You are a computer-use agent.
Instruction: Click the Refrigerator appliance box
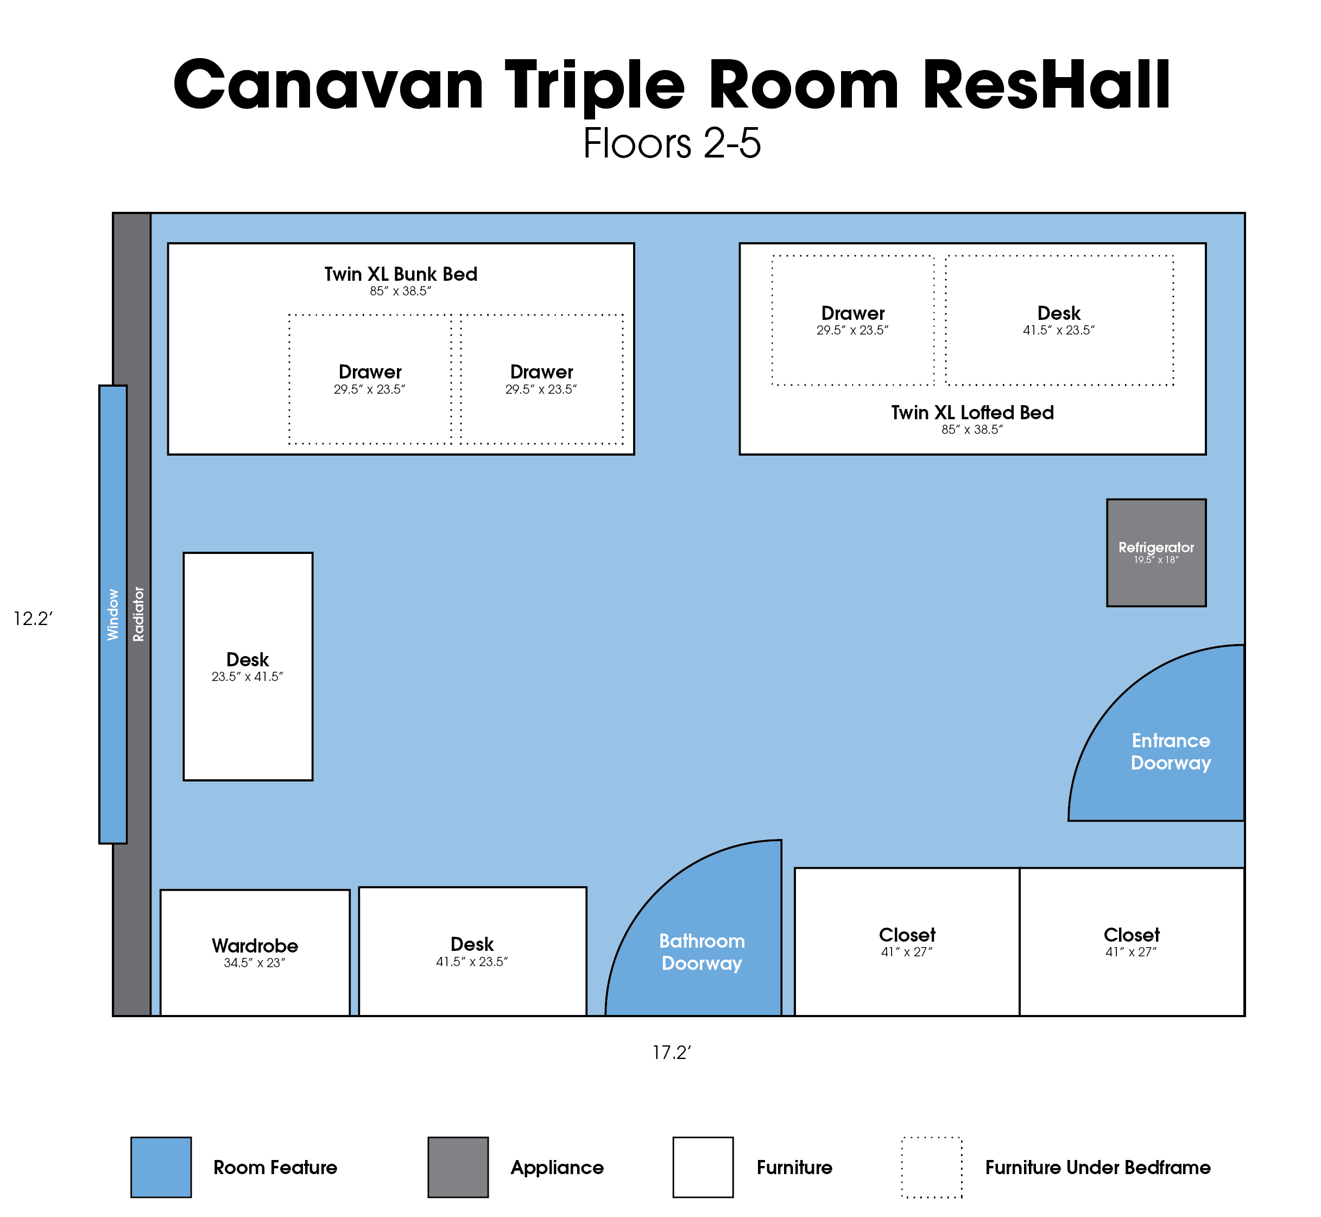coord(1156,552)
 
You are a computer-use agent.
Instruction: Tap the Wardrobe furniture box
coord(255,953)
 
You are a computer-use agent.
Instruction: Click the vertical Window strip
coord(112,614)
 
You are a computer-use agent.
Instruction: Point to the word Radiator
coord(138,614)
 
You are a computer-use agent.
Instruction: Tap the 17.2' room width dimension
coord(672,1052)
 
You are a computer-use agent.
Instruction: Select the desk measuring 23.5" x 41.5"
coord(248,666)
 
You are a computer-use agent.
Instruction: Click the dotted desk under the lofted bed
coord(1059,320)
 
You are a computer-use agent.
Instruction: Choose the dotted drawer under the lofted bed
coord(853,320)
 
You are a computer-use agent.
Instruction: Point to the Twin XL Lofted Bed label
coord(972,413)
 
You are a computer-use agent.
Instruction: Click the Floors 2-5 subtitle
coord(672,143)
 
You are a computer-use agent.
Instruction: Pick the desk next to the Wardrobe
coord(473,951)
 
